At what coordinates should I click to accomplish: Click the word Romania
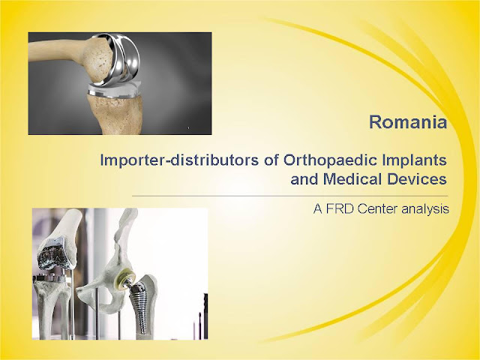(408, 121)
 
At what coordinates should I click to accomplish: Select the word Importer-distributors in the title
(179, 160)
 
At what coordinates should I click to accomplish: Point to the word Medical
(352, 179)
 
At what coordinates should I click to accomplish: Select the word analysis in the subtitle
(425, 209)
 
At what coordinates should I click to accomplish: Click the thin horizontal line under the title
(290, 196)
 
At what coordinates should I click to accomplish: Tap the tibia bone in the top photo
(115, 114)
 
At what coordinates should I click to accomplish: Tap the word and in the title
(304, 179)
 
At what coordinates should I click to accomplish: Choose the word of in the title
(271, 160)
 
